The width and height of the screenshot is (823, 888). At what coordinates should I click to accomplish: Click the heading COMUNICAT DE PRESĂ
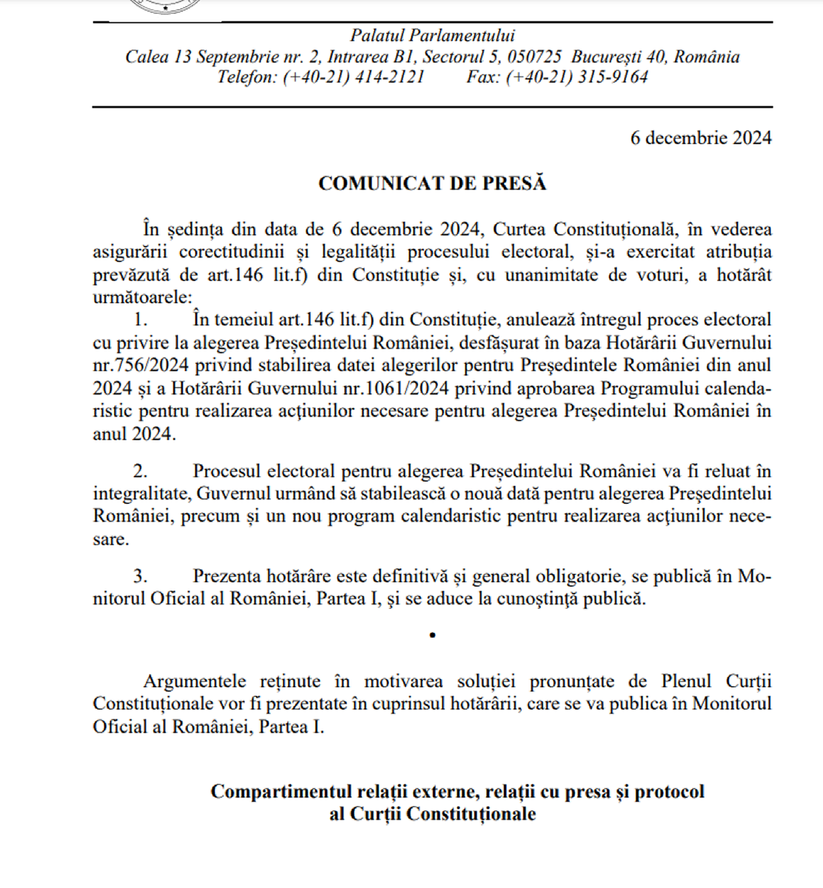coord(432,184)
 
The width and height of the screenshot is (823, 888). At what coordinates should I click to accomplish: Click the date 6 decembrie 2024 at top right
coord(701,138)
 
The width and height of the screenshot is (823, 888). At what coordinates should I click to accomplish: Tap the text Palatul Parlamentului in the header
coord(432,36)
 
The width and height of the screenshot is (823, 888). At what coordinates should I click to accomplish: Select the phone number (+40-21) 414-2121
coord(354,77)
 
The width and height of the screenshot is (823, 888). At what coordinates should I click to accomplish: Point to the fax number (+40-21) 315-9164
coord(577,77)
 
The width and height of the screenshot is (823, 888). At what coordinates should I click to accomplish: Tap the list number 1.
coord(140,320)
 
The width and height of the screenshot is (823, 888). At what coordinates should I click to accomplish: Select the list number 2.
coord(140,471)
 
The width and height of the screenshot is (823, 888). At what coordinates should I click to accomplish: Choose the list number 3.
coord(140,576)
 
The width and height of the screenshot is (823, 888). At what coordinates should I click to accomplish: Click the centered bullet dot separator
coord(432,635)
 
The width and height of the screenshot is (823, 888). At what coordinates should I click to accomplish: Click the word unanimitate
coord(557,275)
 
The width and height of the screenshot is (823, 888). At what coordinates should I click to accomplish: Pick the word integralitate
coord(140,494)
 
